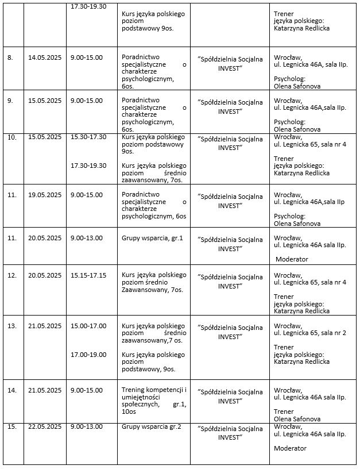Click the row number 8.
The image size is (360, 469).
[x=9, y=57]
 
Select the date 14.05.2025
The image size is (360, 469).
[x=45, y=57]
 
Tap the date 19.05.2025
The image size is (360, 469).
[x=45, y=195]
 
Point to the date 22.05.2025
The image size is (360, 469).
[x=45, y=426]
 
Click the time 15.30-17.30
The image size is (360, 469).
[x=88, y=137]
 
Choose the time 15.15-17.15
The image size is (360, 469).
[x=88, y=275]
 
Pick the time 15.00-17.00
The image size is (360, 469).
[x=88, y=326]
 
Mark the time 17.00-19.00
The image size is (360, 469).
[x=88, y=355]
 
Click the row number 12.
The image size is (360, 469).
[x=11, y=275]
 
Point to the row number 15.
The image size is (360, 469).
[x=11, y=426]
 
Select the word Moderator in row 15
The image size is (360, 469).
[x=291, y=448]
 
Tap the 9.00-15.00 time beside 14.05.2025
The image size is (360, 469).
[x=87, y=57]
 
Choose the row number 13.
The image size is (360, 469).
[x=11, y=326]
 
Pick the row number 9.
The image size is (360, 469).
[x=9, y=101]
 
